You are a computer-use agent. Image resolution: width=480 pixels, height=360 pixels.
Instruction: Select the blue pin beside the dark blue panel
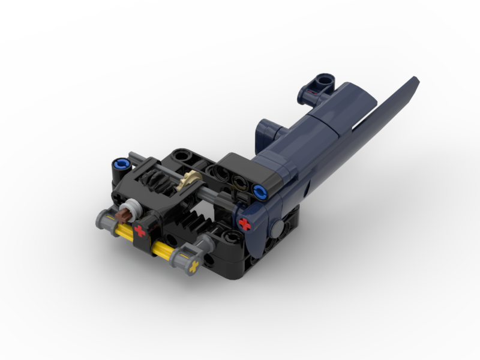(x=260, y=192)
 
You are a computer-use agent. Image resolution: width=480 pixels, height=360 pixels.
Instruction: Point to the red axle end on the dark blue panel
(x=244, y=224)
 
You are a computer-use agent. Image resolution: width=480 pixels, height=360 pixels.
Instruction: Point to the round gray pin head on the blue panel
(x=278, y=227)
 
